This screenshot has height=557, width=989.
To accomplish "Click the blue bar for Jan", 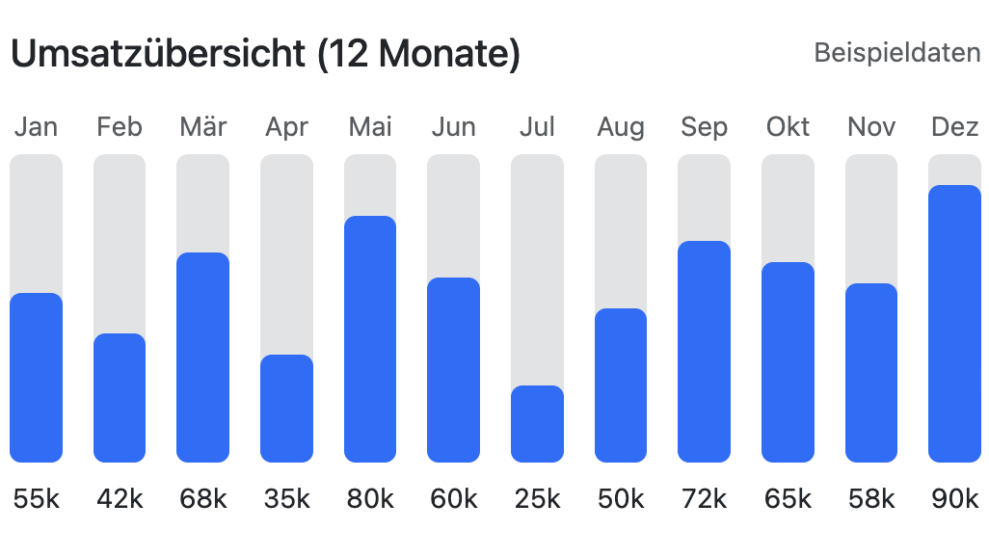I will [x=36, y=378].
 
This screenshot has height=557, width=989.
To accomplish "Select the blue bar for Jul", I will [x=537, y=424].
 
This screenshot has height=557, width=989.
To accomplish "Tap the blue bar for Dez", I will [x=954, y=324].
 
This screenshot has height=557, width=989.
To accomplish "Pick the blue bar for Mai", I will [x=370, y=339].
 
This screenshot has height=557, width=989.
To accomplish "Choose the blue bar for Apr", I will [x=286, y=409].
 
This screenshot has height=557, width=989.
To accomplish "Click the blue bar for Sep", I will [x=704, y=352].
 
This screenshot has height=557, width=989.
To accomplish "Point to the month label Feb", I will [x=120, y=127].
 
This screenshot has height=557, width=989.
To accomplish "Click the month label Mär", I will [x=202, y=127].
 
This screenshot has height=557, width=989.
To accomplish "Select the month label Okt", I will [x=788, y=127].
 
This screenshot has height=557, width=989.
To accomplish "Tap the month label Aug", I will [x=621, y=127].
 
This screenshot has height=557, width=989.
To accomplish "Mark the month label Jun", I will [x=453, y=127].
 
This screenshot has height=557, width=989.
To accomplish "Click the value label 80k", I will [x=370, y=498].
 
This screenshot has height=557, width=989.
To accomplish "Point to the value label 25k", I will [x=537, y=498].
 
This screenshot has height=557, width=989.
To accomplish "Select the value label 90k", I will [x=954, y=498].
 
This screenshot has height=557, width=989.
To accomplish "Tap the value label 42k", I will [x=120, y=498].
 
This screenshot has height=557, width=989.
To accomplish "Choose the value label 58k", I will [x=871, y=498].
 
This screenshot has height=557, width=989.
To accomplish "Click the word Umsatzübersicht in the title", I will [x=158, y=54].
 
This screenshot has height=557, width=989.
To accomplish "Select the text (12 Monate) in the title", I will [x=418, y=54].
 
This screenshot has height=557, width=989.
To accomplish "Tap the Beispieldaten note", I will [x=896, y=52].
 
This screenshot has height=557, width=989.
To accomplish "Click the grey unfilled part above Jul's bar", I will [x=537, y=270].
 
